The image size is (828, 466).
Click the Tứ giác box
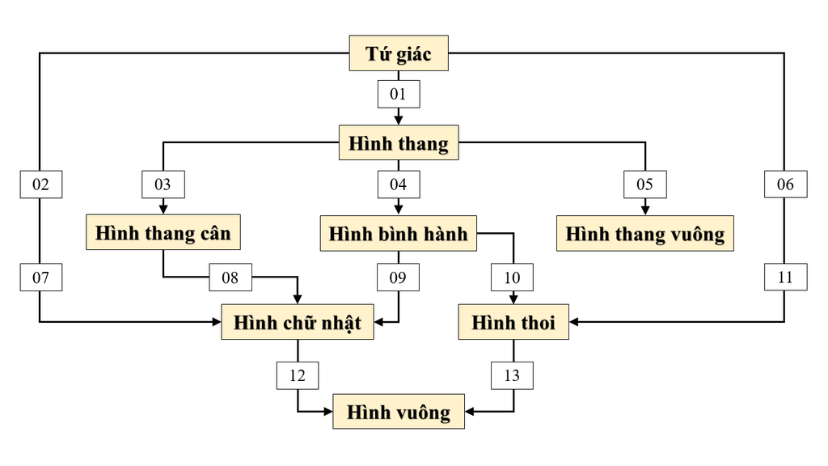398,53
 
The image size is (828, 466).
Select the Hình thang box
398,144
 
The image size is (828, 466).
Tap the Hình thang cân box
163,233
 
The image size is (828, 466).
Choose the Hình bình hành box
398,233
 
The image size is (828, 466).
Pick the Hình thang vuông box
644,233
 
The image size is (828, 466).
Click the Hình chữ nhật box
297,323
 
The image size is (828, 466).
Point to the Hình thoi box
513,323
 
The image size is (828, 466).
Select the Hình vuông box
398,412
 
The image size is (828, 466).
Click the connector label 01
398,95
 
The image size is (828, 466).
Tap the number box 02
40,184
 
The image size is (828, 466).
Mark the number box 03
163,184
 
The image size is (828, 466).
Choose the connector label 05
644,184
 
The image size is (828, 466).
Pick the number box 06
785,184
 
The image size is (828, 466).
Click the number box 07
40,278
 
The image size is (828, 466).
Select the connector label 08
230,278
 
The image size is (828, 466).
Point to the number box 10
512,278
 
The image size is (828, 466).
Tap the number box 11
785,278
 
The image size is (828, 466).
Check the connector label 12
297,375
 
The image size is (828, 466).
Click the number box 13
512,375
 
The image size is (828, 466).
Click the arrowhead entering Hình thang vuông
644,210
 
